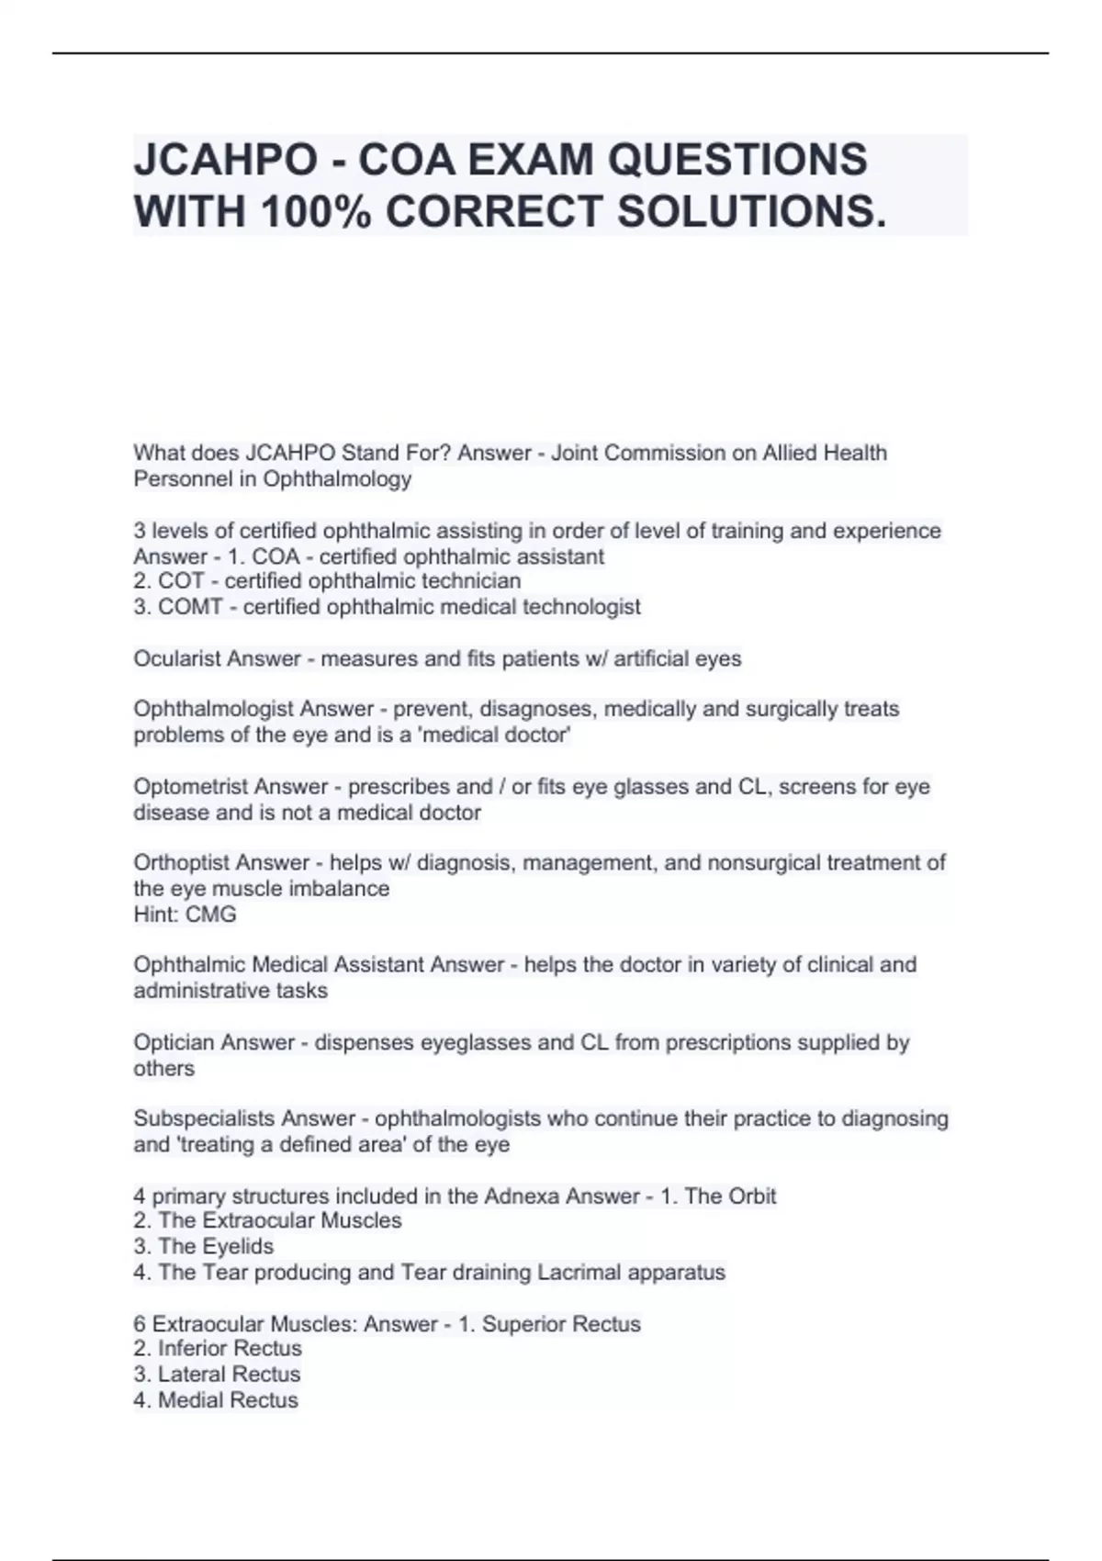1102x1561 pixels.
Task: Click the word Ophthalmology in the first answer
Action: pos(337,478)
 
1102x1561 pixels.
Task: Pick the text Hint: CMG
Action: pos(185,915)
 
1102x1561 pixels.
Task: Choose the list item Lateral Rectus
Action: pos(229,1375)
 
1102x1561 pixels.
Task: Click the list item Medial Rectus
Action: pos(228,1400)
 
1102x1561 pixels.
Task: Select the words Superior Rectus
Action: pos(561,1323)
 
